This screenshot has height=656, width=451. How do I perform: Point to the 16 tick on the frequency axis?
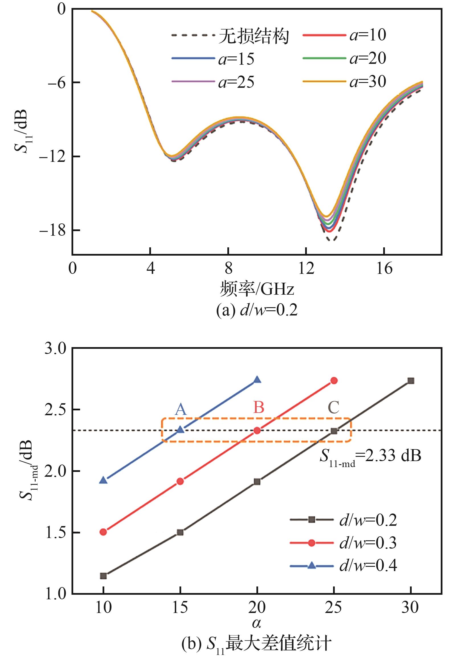384,268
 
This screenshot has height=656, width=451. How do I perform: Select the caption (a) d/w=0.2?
257,310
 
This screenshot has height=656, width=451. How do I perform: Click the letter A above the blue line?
181,410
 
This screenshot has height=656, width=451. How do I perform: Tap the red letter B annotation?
259,408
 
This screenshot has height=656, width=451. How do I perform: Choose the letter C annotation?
334,408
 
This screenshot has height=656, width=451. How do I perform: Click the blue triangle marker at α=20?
257,380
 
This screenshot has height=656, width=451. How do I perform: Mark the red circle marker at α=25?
334,381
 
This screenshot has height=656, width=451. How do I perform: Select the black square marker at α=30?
411,381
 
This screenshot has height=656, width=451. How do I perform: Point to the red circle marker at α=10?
103,532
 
